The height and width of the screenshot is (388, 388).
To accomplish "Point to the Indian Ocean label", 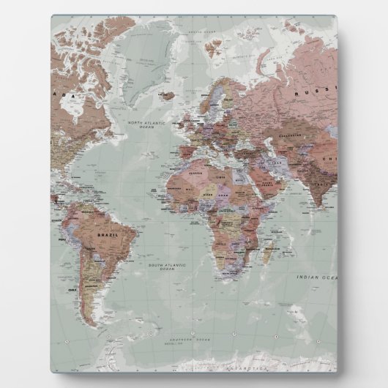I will coord(317,277).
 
